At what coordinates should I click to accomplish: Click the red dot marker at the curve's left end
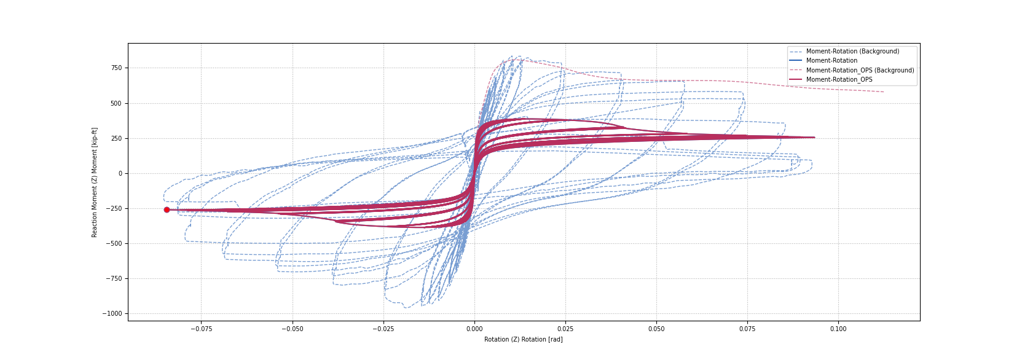point(167,210)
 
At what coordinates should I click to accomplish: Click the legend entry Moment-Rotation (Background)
point(852,51)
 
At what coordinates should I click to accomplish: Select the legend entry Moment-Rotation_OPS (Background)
point(860,70)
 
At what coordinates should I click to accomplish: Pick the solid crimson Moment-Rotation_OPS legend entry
point(839,79)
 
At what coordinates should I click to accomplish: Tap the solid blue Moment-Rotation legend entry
point(831,61)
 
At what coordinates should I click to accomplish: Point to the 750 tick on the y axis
point(116,68)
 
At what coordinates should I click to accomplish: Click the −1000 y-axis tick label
point(112,313)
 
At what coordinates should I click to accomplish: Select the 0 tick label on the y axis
point(120,173)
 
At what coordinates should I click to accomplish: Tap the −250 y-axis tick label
point(114,208)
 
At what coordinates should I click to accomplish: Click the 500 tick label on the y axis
point(116,103)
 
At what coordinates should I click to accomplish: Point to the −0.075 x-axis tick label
point(201,329)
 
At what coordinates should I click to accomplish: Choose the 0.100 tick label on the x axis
point(838,329)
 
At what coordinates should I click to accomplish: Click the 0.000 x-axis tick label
point(474,329)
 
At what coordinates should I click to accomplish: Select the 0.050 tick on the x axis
point(656,329)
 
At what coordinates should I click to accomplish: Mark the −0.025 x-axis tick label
point(383,329)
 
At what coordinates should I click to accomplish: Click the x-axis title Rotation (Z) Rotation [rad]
point(524,340)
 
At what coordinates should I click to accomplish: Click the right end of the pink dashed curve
point(884,92)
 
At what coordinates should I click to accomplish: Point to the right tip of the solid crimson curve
point(814,138)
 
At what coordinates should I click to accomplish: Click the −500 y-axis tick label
point(114,244)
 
